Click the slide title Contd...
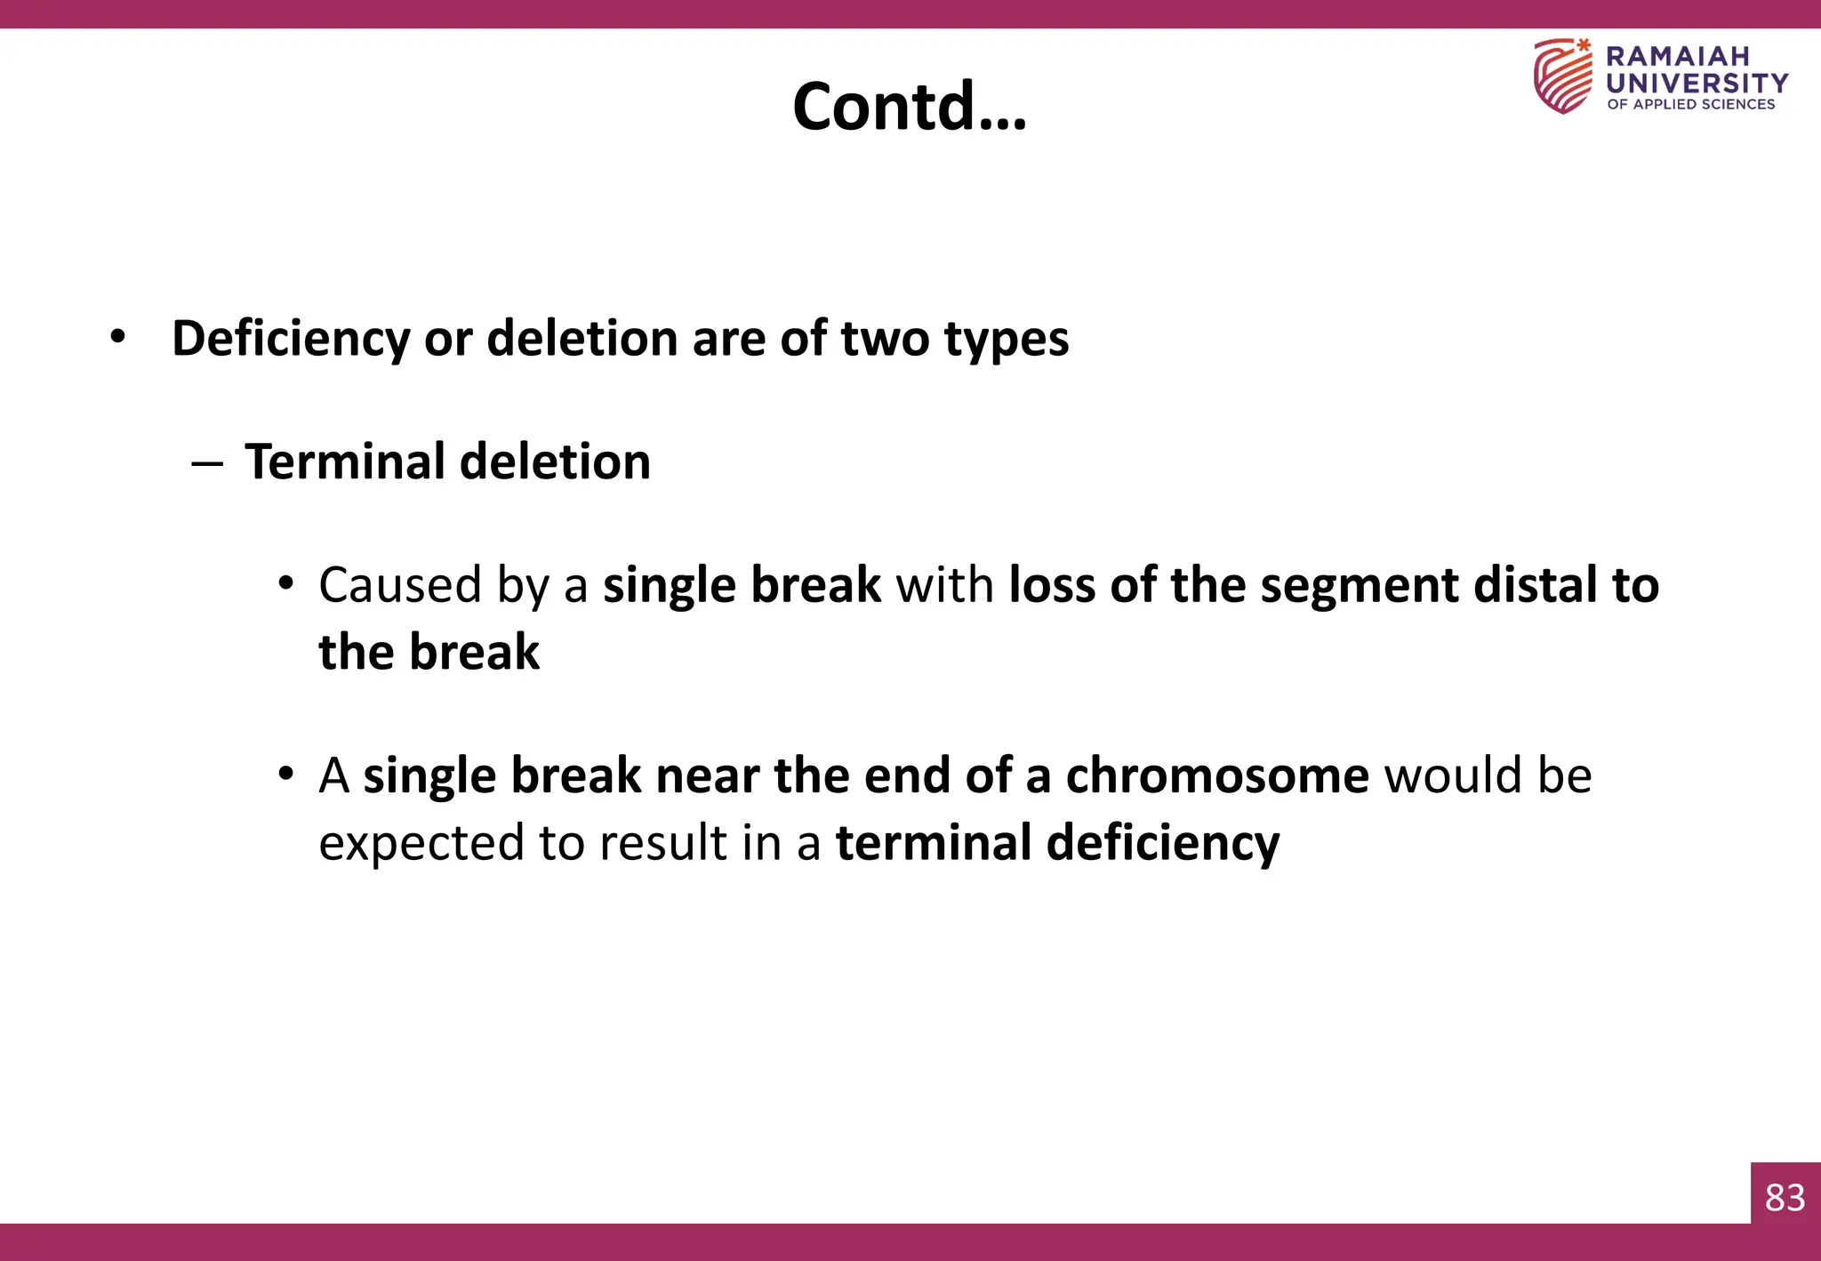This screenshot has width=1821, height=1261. (909, 106)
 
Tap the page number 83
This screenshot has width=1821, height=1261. (1785, 1197)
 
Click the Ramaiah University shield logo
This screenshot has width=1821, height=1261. (1563, 76)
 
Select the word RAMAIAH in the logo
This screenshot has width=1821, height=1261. (1677, 56)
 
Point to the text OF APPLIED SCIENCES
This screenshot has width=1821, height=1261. (1690, 104)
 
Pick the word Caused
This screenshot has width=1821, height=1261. (399, 585)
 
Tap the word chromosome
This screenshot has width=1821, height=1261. (1217, 775)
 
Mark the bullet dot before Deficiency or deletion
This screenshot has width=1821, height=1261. (117, 338)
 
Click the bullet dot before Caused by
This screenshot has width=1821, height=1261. (285, 584)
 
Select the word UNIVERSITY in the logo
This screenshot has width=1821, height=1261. (1697, 83)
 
